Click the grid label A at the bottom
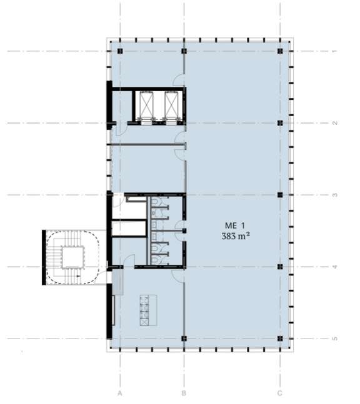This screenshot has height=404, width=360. point(119,393)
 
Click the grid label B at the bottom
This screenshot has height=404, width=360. point(184,393)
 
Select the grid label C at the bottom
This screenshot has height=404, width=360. point(280,393)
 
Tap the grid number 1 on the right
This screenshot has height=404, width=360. point(334,51)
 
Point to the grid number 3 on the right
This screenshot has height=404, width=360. point(334,195)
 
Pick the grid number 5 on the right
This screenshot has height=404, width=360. point(334,338)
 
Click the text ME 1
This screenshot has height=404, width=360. point(234,225)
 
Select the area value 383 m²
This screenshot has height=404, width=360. point(236,236)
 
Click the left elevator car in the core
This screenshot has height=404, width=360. point(146,105)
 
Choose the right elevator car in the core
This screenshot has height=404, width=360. point(171,105)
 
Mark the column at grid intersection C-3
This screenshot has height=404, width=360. point(280,195)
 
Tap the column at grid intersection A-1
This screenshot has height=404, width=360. point(120,51)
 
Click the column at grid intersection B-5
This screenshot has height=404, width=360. point(184,338)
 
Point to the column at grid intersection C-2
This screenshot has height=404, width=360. point(280,123)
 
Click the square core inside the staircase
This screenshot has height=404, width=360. point(73,257)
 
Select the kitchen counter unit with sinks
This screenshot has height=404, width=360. point(148,310)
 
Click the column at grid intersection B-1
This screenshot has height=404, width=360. point(184,51)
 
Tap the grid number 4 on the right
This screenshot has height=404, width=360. point(334,267)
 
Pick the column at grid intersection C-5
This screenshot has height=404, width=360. point(280,338)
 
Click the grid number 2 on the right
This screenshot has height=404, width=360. point(334,123)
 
